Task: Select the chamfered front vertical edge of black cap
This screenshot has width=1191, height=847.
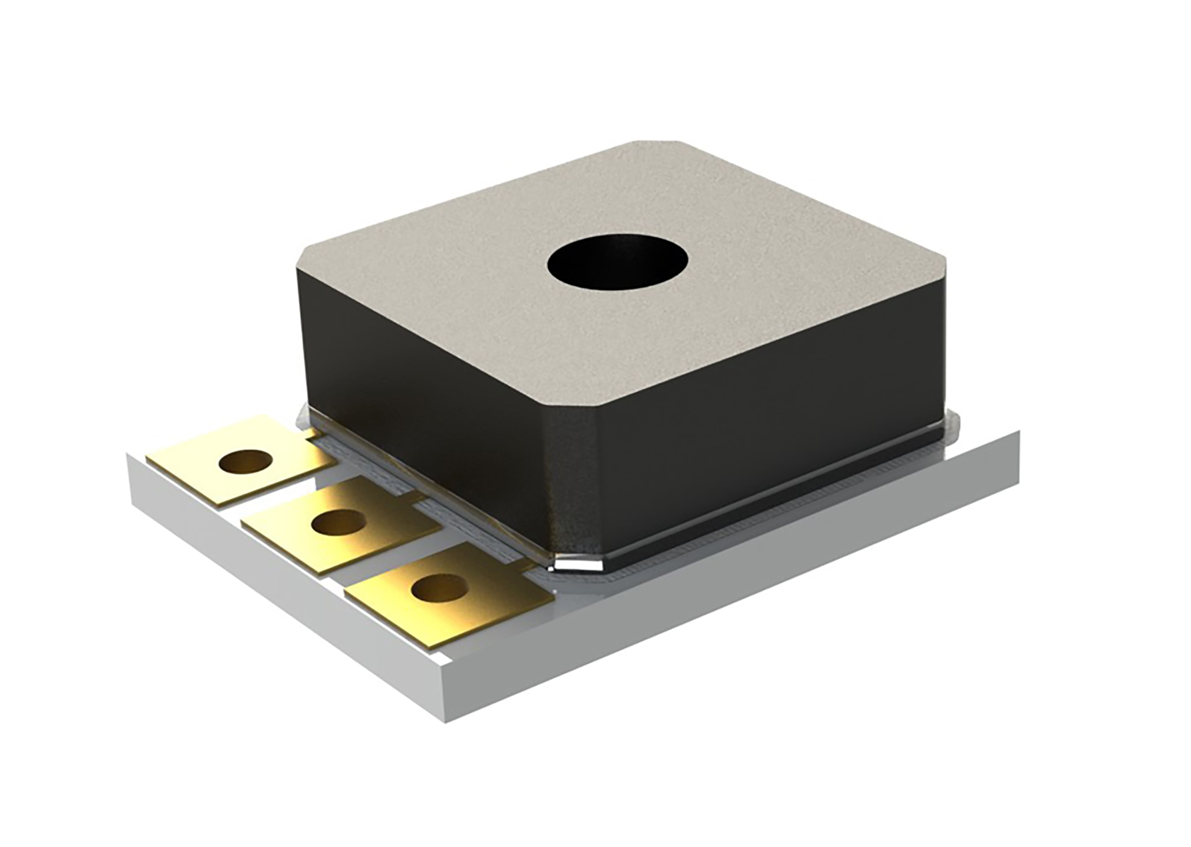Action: pyautogui.click(x=574, y=485)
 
